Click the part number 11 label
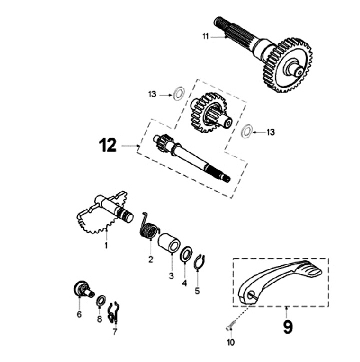(x=205, y=36)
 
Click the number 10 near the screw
(x=230, y=342)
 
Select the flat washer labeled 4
(x=185, y=254)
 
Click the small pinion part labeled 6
(x=81, y=289)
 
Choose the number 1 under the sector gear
(x=106, y=246)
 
